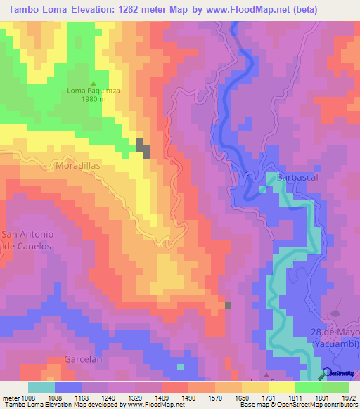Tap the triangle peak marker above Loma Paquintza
[x=91, y=82]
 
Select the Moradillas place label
[x=79, y=167]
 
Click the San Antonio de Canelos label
[x=27, y=240]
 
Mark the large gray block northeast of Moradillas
[x=143, y=148]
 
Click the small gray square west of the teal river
[x=228, y=305]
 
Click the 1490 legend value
[x=189, y=398]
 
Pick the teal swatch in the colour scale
[x=41, y=387]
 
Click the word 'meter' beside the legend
[x=11, y=398]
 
